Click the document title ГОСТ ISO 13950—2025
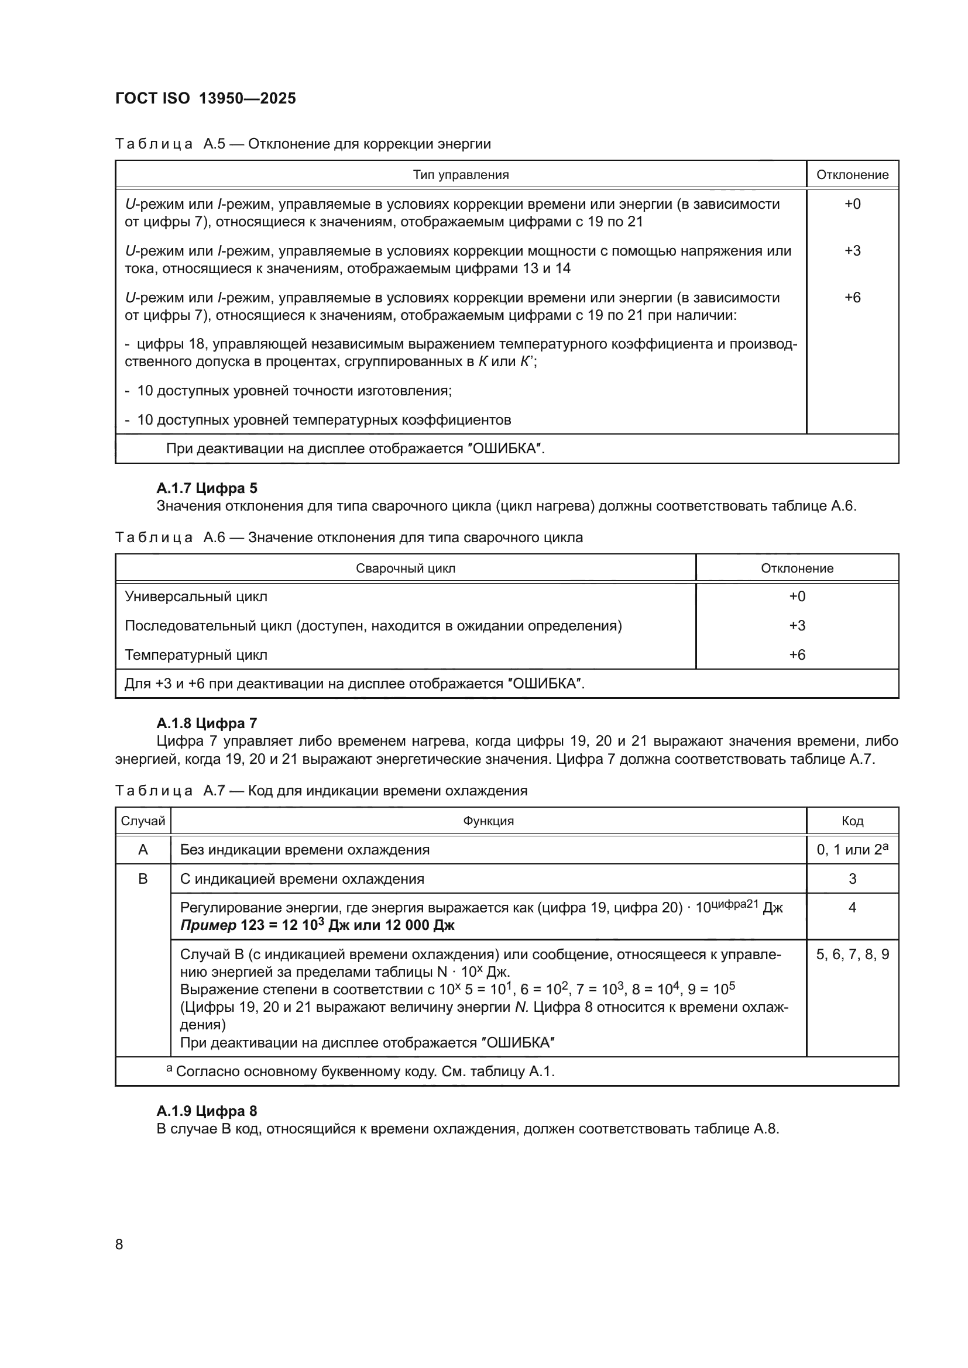point(205,99)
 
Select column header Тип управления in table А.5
point(461,174)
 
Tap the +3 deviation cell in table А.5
point(852,251)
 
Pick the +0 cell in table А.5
point(852,204)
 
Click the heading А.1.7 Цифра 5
point(207,488)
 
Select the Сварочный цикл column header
point(406,568)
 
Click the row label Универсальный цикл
point(196,597)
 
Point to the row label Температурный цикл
point(196,655)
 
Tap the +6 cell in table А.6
point(797,655)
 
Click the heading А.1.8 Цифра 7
point(207,723)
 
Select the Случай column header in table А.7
point(143,821)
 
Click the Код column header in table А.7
point(852,821)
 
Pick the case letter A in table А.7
point(143,850)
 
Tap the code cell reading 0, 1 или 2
point(852,850)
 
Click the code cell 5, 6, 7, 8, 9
point(852,955)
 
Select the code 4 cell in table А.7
point(852,908)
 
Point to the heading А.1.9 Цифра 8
point(207,1111)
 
